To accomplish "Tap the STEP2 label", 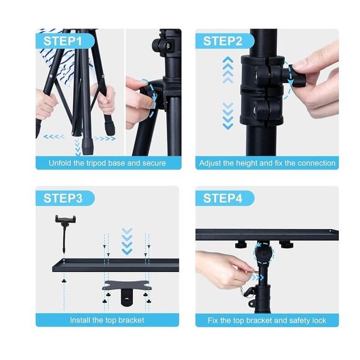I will tap(223, 41).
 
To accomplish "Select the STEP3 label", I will tap(63, 199).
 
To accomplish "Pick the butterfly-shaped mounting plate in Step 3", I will tap(127, 286).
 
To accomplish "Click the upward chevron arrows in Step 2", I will tap(228, 70).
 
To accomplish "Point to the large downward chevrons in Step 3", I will tap(127, 241).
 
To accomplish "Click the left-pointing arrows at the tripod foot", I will tap(53, 137).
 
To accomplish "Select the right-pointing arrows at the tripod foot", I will tap(106, 138).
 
